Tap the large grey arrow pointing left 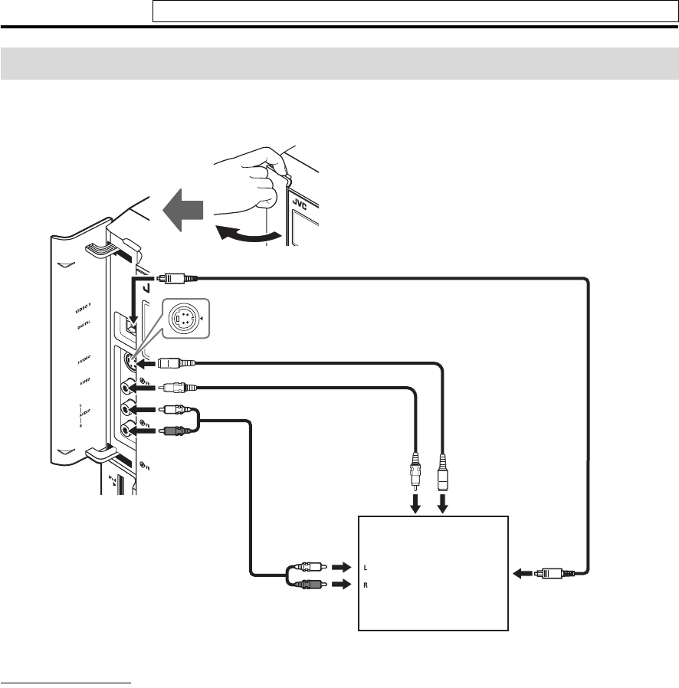coord(183,208)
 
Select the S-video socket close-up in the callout coord(183,316)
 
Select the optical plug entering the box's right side coord(552,572)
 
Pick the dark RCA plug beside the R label coord(310,585)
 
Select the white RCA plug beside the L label coord(310,568)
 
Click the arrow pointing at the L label coord(340,568)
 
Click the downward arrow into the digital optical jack coord(133,306)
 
